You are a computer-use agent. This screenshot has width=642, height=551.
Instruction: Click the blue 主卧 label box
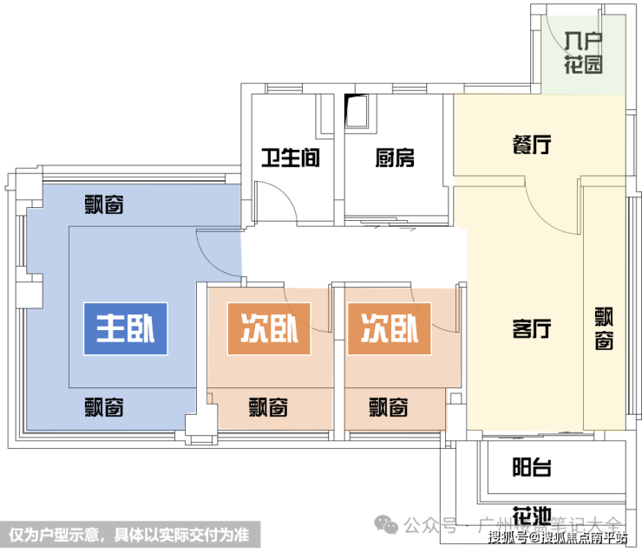click(x=125, y=328)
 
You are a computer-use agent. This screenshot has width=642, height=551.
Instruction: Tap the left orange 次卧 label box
click(x=268, y=328)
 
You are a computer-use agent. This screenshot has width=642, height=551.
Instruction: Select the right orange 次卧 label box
click(x=389, y=328)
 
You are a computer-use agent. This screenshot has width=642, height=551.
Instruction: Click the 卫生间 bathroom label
click(x=292, y=159)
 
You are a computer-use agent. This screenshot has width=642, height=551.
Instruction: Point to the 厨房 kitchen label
click(x=395, y=159)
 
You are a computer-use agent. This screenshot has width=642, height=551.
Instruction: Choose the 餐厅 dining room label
click(x=530, y=145)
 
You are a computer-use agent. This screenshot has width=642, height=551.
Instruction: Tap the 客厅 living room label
click(x=532, y=329)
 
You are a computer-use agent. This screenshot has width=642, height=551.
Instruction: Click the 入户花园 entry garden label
click(x=582, y=53)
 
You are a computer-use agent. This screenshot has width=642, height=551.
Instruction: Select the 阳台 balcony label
click(x=531, y=468)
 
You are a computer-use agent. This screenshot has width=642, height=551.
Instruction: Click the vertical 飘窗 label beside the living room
click(x=604, y=329)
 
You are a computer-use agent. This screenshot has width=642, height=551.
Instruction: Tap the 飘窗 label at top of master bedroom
click(x=103, y=205)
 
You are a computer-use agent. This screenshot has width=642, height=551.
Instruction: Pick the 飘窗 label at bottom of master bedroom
click(x=103, y=405)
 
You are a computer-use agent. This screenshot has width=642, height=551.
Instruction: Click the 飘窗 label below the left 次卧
click(x=268, y=405)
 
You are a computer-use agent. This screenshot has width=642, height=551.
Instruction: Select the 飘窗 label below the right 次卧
click(x=388, y=405)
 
